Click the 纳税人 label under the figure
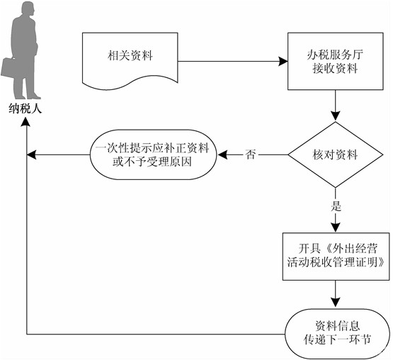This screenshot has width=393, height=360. point(25,108)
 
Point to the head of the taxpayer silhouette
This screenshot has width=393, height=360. point(28,9)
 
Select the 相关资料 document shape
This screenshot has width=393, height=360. point(130,61)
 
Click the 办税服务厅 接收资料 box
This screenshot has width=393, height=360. point(336,61)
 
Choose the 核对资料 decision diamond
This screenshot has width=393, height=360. point(336,154)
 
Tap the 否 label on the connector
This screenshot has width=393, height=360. point(251,154)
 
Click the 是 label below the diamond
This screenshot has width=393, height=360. point(336,206)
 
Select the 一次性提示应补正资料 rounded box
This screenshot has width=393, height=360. point(153,154)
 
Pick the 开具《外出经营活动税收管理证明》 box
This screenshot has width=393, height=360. point(336,257)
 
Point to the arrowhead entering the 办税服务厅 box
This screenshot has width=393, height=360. point(283,61)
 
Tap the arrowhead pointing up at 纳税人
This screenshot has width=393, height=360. point(26,122)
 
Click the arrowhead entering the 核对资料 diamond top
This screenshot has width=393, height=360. point(336,117)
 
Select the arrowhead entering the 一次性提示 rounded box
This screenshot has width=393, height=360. point(222,154)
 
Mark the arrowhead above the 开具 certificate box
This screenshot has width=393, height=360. point(336,227)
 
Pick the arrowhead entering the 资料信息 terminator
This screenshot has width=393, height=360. point(336,303)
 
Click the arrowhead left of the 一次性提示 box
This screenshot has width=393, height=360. point(32,154)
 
